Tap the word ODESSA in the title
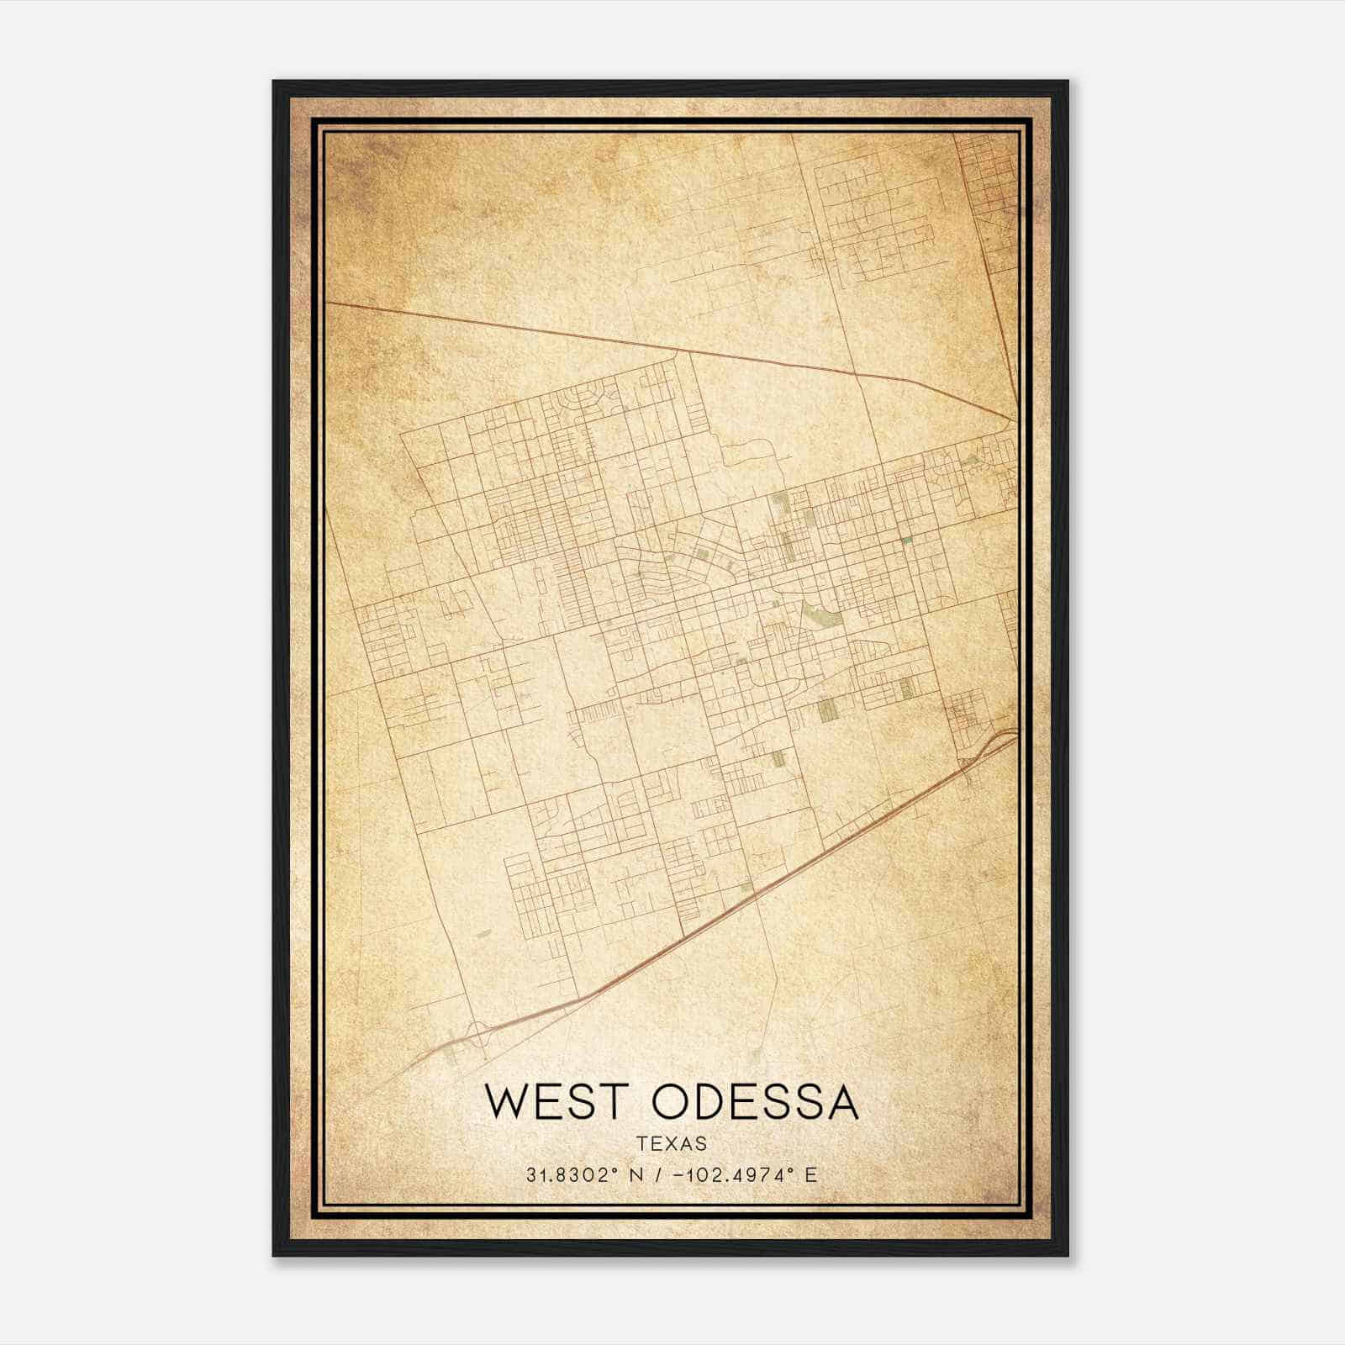[756, 1102]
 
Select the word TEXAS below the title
[672, 1143]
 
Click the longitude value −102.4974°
[731, 1175]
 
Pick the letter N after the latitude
[636, 1175]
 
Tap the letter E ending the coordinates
[810, 1175]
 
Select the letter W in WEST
[506, 1102]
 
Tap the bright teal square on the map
[907, 540]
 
